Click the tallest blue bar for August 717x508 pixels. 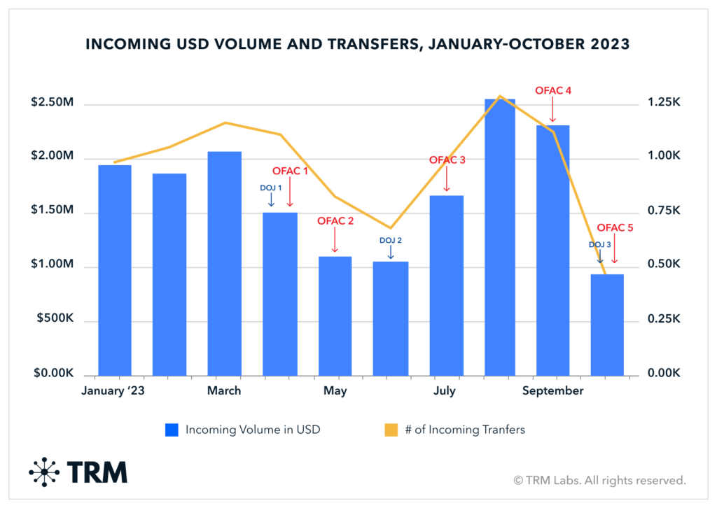click(x=501, y=238)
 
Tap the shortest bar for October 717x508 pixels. click(x=606, y=325)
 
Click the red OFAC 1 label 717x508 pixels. click(x=290, y=171)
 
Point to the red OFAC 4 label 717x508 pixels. click(x=553, y=90)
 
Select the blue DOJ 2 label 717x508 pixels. click(x=390, y=240)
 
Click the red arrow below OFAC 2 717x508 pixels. click(x=335, y=241)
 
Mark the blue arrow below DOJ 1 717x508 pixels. click(x=271, y=199)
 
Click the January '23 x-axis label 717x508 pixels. click(x=114, y=390)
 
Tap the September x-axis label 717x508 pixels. click(x=552, y=390)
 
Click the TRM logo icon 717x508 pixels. click(x=43, y=472)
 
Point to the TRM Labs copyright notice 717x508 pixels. click(x=599, y=480)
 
